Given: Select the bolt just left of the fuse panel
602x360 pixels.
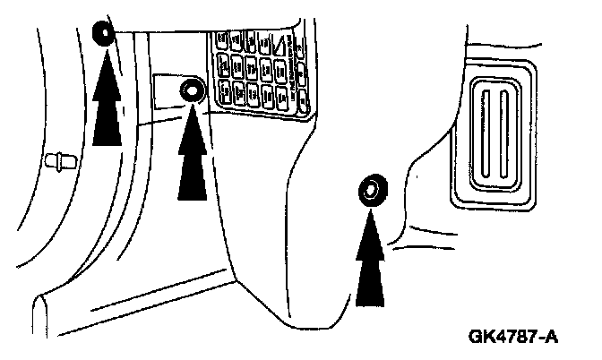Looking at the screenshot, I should pyautogui.click(x=191, y=90).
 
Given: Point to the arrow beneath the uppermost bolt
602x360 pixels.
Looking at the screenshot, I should pyautogui.click(x=106, y=99).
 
